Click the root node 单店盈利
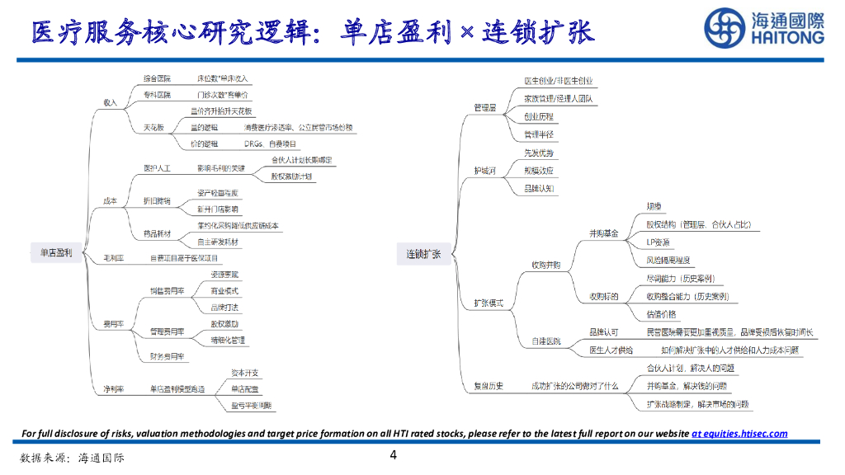pos(57,253)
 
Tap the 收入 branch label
pos(110,102)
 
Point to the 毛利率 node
pos(113,258)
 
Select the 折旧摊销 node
pos(157,200)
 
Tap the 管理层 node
pos(485,107)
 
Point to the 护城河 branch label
pos(485,170)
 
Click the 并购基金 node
pos(603,233)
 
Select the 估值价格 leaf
pos(661,313)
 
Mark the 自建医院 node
pos(545,341)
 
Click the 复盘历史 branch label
pos(489,385)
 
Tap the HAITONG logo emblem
pos(724,28)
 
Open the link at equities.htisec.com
pos(739,434)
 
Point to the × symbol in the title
pos(467,34)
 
